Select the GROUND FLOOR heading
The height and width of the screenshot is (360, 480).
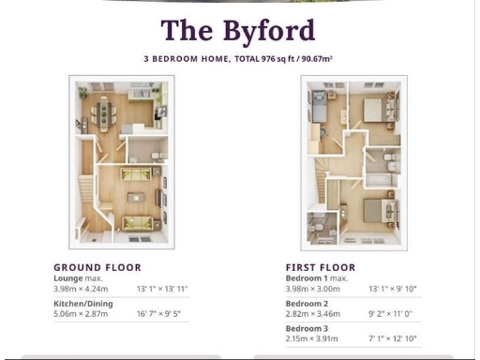click(97, 267)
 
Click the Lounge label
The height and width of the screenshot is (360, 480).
click(67, 277)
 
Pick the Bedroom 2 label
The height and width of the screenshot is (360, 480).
click(306, 304)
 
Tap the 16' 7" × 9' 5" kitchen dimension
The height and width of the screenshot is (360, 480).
click(160, 314)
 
